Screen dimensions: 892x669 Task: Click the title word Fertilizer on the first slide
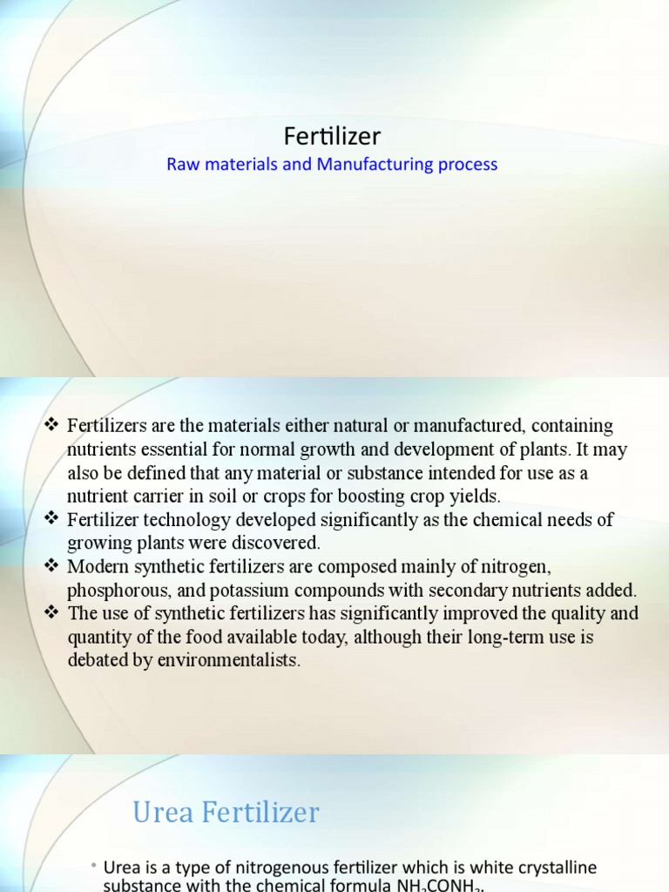tap(333, 136)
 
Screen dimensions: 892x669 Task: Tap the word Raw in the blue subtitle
tap(182, 164)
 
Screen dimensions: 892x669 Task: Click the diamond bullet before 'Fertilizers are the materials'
tap(50, 426)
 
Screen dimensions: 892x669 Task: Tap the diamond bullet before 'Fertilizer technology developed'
tap(50, 520)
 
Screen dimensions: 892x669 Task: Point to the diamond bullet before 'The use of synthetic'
tap(50, 613)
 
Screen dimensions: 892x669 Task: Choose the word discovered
tap(277, 544)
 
